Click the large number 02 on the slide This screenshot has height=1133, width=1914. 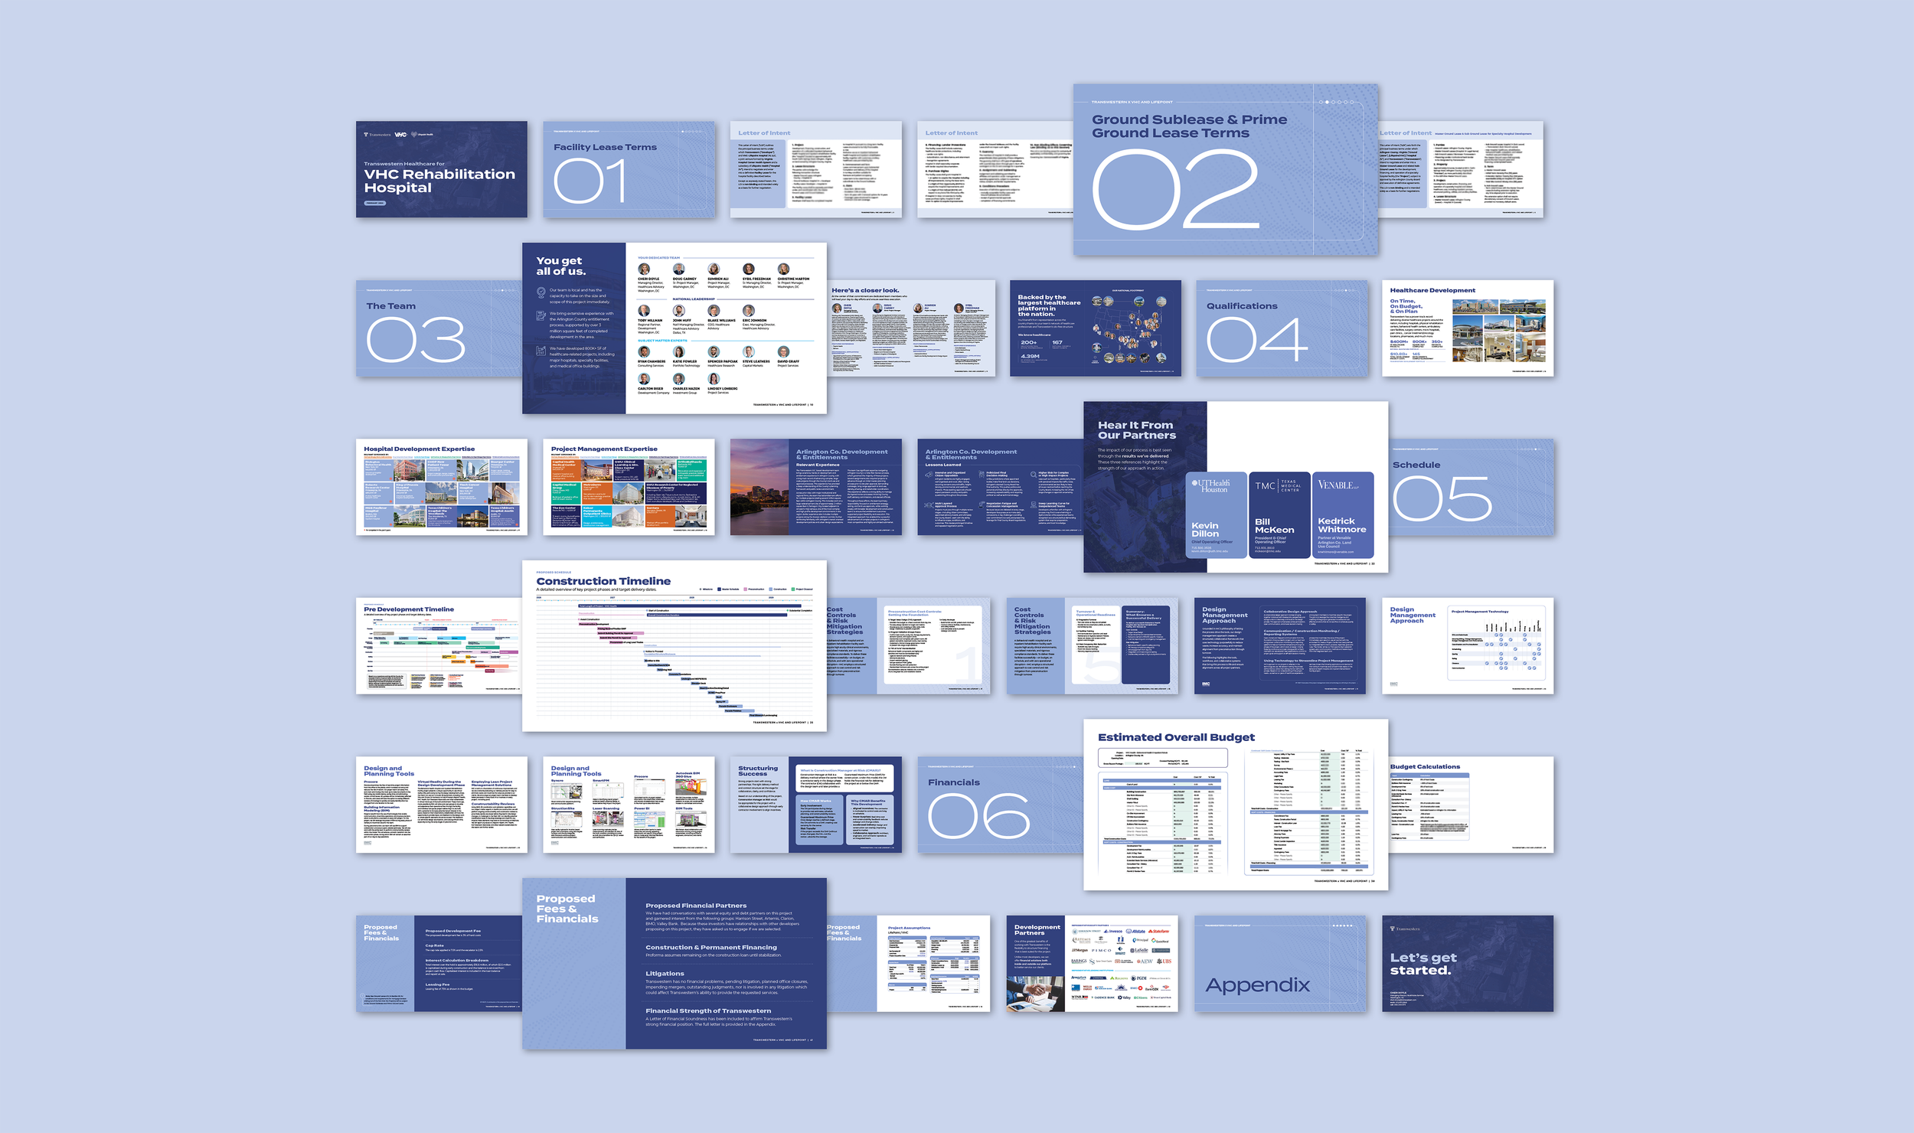pos(1175,189)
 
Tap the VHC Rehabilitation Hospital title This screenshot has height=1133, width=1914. pos(439,181)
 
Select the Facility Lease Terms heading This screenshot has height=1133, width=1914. pos(605,147)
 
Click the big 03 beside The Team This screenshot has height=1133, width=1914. pos(416,341)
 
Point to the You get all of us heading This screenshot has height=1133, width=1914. pos(560,266)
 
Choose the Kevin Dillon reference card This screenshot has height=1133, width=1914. pos(1216,515)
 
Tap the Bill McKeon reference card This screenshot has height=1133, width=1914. pos(1279,515)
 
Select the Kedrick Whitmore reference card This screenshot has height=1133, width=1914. pos(1342,515)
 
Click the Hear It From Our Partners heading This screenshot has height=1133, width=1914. pos(1136,430)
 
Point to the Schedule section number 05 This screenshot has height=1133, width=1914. pos(1442,499)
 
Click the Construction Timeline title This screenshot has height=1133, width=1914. pos(603,581)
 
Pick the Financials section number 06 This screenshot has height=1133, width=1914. pos(979,816)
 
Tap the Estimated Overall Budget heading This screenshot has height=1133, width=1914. pos(1176,737)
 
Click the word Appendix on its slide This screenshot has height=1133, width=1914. pos(1257,985)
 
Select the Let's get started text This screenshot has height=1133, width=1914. pos(1422,964)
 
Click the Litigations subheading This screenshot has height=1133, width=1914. pos(665,974)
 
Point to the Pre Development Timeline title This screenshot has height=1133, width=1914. pos(409,609)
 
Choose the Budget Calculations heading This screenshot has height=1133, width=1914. pos(1425,766)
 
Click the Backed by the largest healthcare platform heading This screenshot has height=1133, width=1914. pos(1049,305)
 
